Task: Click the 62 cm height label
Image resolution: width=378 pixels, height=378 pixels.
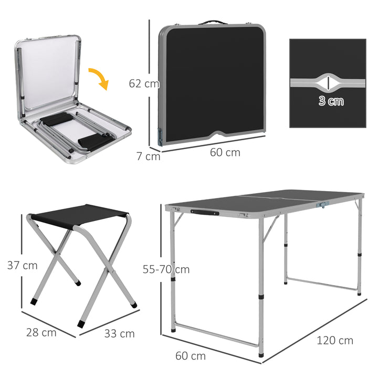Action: point(143,83)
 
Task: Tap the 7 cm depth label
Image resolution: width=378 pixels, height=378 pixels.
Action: point(149,156)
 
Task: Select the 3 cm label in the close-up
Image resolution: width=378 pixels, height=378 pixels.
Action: point(331,101)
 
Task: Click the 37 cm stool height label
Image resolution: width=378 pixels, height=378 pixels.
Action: point(22,265)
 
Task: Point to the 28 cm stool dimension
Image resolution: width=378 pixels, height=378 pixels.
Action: point(41,332)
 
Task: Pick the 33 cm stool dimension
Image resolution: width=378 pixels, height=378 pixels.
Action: point(119,333)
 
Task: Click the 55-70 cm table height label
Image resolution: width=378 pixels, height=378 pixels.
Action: point(166,269)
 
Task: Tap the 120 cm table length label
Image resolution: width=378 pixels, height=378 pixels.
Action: point(335,340)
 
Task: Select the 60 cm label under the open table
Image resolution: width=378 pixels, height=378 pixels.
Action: point(190,356)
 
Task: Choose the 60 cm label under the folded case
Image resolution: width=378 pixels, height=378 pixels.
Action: point(225,152)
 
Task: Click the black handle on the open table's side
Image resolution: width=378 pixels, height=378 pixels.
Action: point(205,212)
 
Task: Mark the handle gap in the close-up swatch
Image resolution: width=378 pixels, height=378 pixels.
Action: point(327,82)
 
